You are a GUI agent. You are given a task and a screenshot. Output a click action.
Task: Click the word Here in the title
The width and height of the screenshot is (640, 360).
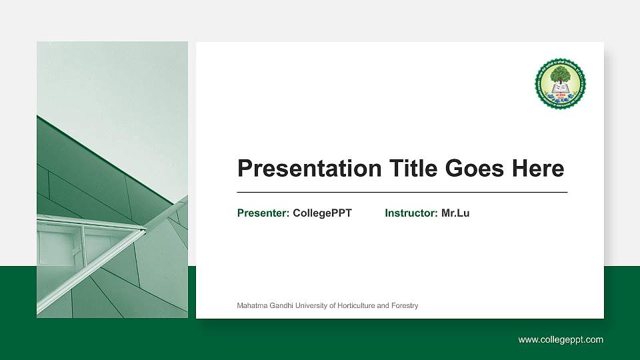(537, 169)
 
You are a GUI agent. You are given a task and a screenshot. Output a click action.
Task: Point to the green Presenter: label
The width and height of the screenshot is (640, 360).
(263, 213)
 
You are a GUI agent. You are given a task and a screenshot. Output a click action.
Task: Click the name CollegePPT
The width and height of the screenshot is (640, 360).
(322, 213)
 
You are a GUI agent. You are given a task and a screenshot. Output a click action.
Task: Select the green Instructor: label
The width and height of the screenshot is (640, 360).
(411, 213)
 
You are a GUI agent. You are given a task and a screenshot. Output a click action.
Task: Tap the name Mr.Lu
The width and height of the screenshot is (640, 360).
(455, 213)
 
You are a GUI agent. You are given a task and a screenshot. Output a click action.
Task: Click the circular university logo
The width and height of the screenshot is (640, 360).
(560, 83)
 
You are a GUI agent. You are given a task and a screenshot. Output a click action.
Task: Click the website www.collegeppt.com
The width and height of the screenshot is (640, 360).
(561, 340)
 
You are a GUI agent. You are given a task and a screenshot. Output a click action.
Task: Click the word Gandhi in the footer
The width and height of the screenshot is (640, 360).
(281, 306)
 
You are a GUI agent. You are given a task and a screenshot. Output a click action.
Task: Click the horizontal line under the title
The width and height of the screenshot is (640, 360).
(403, 192)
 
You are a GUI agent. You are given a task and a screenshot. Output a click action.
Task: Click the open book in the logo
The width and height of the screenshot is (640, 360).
(561, 88)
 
